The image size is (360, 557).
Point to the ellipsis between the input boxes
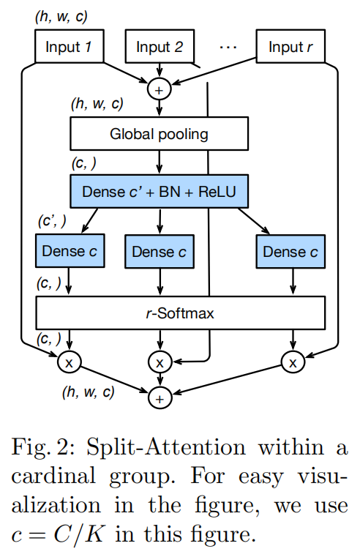(x=228, y=47)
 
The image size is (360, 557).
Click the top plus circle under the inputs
(x=159, y=89)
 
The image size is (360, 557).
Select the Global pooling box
(x=159, y=134)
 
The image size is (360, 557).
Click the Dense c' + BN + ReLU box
(x=159, y=192)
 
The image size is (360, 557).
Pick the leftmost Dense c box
(x=69, y=251)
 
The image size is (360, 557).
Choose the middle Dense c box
(x=159, y=251)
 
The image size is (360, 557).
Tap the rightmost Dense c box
(x=290, y=251)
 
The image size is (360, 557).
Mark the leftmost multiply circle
(x=70, y=361)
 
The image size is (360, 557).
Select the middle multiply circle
(x=159, y=361)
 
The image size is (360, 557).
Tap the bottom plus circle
(x=159, y=397)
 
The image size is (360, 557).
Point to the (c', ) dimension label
(x=53, y=220)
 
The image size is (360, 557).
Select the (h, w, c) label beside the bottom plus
(x=88, y=392)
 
